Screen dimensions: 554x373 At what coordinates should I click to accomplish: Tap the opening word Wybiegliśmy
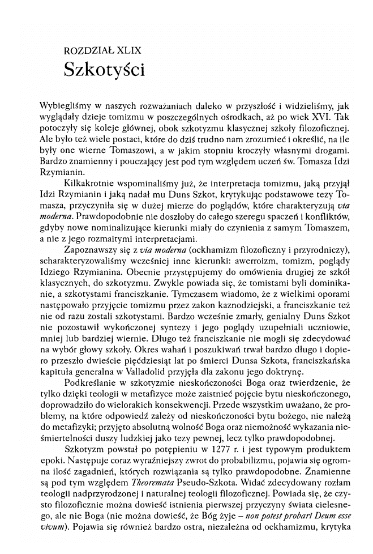pyautogui.click(x=64, y=106)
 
